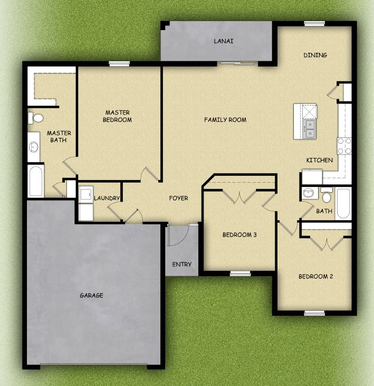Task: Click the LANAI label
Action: (x=223, y=41)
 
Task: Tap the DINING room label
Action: (x=315, y=55)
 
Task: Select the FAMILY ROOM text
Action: (x=225, y=120)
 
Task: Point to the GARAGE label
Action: (x=91, y=295)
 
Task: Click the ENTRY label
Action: (x=181, y=265)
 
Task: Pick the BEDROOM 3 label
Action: (x=239, y=234)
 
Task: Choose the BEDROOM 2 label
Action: (x=316, y=277)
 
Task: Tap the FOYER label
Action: (x=178, y=198)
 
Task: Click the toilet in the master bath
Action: (x=35, y=118)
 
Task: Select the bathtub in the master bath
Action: (x=36, y=181)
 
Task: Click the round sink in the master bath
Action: (x=34, y=147)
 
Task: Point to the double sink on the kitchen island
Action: (x=310, y=129)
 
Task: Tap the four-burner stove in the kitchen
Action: (x=344, y=146)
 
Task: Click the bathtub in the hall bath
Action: (x=343, y=203)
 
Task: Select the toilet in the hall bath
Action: (x=327, y=195)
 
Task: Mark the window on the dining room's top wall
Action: (x=314, y=24)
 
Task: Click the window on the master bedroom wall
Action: (x=119, y=64)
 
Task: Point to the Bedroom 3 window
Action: (x=240, y=274)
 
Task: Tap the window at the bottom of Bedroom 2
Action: (x=314, y=313)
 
